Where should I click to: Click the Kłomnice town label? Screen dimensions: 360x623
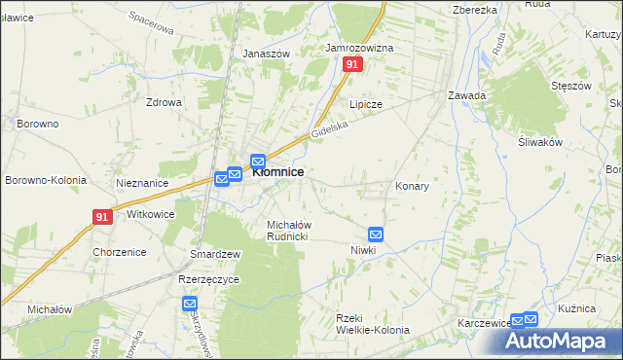[x=278, y=172]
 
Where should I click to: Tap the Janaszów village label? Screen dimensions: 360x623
[x=267, y=54]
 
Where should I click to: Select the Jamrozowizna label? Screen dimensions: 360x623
[x=359, y=48]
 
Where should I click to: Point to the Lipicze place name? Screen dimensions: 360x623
[x=366, y=104]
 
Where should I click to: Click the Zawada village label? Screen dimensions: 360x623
[x=466, y=95]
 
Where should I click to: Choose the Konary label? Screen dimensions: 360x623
[x=412, y=186]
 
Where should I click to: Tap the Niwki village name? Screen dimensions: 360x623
[x=363, y=250]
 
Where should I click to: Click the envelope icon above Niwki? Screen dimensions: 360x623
[x=376, y=234]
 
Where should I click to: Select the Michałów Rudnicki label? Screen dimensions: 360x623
[x=288, y=231]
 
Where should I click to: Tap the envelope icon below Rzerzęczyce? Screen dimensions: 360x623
[x=190, y=305]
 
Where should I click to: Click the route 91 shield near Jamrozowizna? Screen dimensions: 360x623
[x=352, y=64]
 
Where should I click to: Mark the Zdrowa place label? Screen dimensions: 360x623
[x=164, y=102]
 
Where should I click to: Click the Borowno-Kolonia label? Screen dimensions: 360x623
[x=46, y=181]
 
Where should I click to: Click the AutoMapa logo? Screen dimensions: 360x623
[x=560, y=342]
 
